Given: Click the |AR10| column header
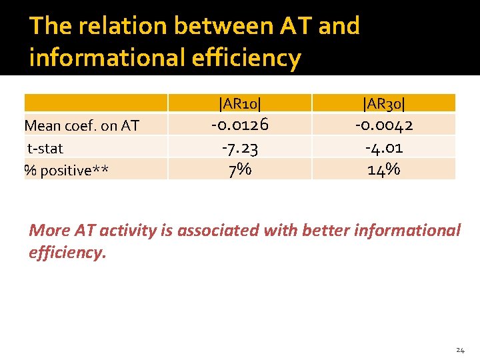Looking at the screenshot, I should pyautogui.click(x=239, y=103).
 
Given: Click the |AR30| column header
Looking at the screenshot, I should pyautogui.click(x=383, y=103).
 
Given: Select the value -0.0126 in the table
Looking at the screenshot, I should pyautogui.click(x=239, y=125).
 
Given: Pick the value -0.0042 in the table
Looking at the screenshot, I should pyautogui.click(x=383, y=125).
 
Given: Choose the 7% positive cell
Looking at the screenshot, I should pyautogui.click(x=239, y=169).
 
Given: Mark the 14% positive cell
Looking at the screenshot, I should pyautogui.click(x=383, y=169).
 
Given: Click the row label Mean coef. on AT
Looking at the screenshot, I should pyautogui.click(x=81, y=125).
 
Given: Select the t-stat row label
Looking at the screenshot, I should pyautogui.click(x=45, y=148).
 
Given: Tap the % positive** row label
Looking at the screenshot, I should pyautogui.click(x=66, y=171).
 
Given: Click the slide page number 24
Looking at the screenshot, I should pyautogui.click(x=460, y=350).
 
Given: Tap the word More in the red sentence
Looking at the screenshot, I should pyautogui.click(x=50, y=231).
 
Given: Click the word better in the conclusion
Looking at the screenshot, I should pyautogui.click(x=325, y=231).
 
